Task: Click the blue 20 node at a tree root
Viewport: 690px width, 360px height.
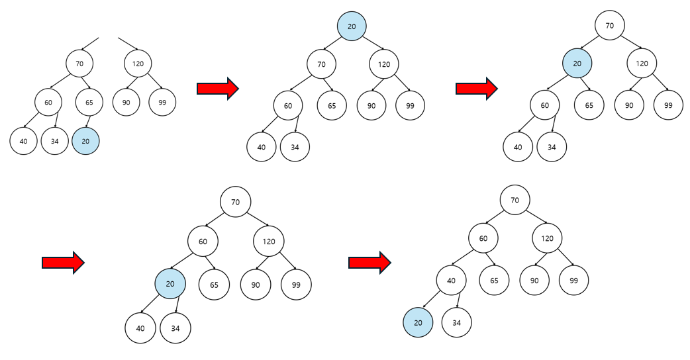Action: click(x=351, y=26)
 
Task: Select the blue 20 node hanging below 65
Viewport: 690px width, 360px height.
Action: click(x=85, y=141)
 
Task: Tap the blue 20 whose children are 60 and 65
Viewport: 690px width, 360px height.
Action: click(x=577, y=64)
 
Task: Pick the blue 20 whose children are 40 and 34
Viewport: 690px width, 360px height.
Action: click(x=170, y=284)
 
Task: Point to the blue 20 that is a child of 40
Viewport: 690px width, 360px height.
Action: click(x=418, y=323)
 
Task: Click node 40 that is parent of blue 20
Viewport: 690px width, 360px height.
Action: click(x=451, y=281)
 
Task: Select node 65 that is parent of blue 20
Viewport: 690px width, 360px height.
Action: click(x=89, y=103)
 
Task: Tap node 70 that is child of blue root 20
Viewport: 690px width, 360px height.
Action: click(x=321, y=64)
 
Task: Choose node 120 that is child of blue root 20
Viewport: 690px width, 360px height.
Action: click(x=384, y=64)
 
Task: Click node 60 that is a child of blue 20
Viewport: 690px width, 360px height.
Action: click(x=544, y=105)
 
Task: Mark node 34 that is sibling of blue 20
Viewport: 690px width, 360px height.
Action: click(x=456, y=323)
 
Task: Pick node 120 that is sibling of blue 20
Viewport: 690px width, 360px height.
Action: click(x=642, y=64)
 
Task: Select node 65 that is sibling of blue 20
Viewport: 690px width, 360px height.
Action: click(x=213, y=285)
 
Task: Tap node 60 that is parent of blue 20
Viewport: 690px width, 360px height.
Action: click(x=203, y=242)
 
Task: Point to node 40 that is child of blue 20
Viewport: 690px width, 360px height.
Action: click(x=140, y=328)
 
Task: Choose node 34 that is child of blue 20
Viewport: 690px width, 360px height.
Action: click(x=175, y=328)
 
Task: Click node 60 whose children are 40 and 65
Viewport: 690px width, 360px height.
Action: click(x=483, y=238)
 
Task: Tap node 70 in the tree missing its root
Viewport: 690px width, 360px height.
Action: click(x=79, y=64)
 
